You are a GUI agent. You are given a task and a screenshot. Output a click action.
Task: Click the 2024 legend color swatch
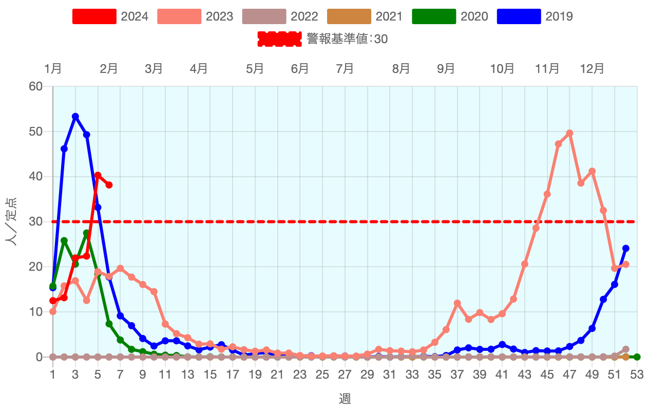[94, 16]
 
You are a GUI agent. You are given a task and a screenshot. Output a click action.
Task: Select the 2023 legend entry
[195, 16]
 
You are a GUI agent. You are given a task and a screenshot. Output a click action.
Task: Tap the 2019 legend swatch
[519, 16]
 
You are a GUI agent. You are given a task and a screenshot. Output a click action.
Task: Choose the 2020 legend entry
[449, 16]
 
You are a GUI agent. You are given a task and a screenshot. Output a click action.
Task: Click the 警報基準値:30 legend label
[347, 39]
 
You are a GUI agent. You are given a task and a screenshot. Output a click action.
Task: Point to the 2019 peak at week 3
[75, 117]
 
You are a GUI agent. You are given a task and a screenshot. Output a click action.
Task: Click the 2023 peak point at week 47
[569, 133]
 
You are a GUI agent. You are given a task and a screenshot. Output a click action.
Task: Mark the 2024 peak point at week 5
[98, 175]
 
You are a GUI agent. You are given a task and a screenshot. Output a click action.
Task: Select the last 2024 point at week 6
[109, 185]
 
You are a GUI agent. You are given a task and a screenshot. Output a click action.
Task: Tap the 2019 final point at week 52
[625, 248]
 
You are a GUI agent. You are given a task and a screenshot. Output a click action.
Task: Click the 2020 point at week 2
[64, 240]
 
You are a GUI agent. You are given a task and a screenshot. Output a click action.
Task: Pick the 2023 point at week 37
[457, 303]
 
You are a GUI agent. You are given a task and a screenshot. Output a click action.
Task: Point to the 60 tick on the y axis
[36, 86]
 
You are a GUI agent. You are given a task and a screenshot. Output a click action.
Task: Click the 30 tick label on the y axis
[36, 221]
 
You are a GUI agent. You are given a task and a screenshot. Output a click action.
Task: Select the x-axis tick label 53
[637, 375]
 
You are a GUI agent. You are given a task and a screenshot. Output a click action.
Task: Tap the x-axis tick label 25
[322, 375]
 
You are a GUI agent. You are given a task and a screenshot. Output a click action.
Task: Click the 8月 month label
[401, 69]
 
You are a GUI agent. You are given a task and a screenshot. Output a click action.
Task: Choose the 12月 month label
[592, 69]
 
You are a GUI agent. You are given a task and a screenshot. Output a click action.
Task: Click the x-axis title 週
[345, 399]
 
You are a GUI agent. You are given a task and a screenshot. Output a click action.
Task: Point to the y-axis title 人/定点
[11, 221]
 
